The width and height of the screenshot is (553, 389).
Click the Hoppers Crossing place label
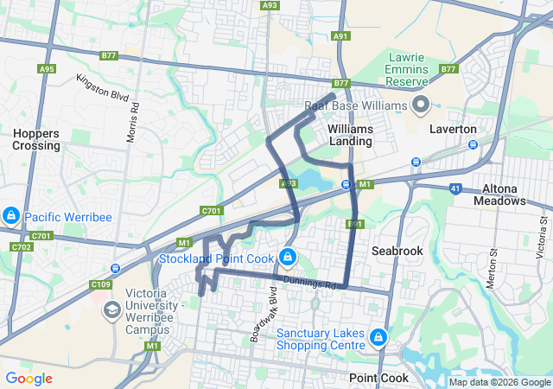[x=36, y=139]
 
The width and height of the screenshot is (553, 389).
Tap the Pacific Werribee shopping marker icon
[x=11, y=216]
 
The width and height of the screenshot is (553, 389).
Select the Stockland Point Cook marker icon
[x=288, y=258]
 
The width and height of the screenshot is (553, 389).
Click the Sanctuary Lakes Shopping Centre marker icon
[x=377, y=336]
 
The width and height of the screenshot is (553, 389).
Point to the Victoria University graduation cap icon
[x=111, y=309]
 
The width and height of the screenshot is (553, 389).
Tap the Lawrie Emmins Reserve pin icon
[x=421, y=105]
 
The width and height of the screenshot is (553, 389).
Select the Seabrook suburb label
[x=397, y=250]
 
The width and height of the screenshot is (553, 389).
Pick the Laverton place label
[x=453, y=129]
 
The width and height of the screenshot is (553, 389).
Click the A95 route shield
[x=48, y=68]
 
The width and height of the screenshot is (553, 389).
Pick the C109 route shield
[x=101, y=284]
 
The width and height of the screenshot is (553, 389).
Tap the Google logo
[x=29, y=379]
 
